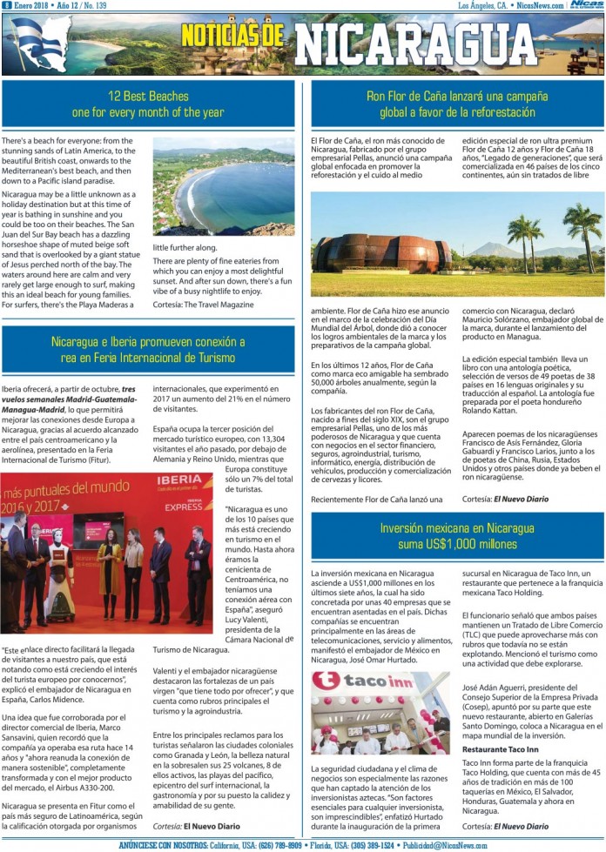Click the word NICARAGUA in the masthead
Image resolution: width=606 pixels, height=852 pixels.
tap(402, 44)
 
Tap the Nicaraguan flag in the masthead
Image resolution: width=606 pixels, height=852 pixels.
tap(38, 43)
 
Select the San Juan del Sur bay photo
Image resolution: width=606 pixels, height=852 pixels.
tap(223, 185)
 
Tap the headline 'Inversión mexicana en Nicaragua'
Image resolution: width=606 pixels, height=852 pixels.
tap(457, 528)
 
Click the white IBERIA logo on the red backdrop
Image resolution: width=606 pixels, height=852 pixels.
tap(179, 480)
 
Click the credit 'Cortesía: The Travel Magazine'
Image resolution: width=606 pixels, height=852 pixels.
tap(203, 304)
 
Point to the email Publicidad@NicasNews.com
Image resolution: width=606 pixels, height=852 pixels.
tap(458, 845)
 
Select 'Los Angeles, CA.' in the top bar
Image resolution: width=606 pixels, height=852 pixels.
tap(482, 5)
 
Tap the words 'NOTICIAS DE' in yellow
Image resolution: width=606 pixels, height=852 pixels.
tap(232, 36)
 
